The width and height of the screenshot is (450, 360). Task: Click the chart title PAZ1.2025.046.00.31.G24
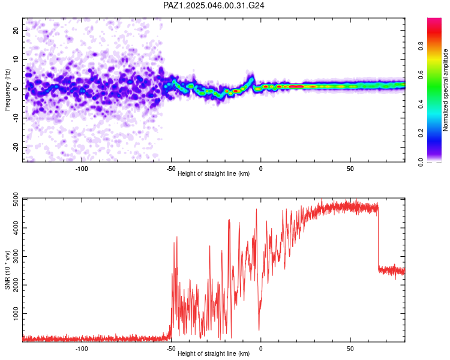[214, 5]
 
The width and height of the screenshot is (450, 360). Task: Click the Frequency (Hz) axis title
[7, 90]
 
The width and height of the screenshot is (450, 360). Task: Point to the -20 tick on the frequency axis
[15, 147]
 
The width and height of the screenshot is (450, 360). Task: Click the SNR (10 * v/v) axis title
[7, 269]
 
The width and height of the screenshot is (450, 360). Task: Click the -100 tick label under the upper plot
[82, 169]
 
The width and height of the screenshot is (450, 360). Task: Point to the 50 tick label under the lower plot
[350, 348]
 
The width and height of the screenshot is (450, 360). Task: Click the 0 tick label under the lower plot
[260, 348]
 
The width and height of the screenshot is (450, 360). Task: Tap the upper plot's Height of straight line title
[214, 174]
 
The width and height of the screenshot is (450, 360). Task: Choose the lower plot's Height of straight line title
[214, 354]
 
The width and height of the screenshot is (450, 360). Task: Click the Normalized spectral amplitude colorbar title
[446, 90]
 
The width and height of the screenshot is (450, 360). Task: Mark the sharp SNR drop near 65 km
[379, 240]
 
